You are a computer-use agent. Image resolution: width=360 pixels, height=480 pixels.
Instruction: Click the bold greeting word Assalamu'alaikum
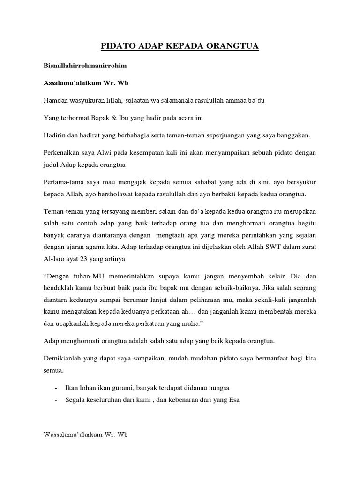point(73,83)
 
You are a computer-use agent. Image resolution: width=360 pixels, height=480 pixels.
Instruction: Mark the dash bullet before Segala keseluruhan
point(56,400)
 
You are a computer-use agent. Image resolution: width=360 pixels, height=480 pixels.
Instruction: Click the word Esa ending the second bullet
point(234,400)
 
